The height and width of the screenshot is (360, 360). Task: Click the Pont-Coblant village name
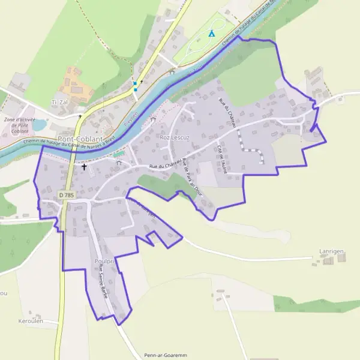(81, 122)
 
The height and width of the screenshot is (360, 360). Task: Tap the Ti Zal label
(61, 103)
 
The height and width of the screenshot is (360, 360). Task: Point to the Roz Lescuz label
(175, 137)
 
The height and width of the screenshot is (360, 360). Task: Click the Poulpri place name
(103, 262)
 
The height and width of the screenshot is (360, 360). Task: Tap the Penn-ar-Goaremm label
(162, 355)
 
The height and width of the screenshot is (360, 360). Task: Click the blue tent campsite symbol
(211, 33)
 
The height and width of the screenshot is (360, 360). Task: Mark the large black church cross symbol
(84, 167)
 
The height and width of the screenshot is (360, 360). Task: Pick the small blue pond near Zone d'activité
(40, 125)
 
